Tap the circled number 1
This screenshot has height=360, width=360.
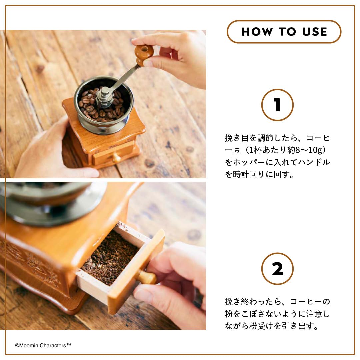point(277,105)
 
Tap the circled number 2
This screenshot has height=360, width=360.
point(277,269)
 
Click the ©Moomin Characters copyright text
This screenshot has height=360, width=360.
point(43,346)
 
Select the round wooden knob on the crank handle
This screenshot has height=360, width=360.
point(144,53)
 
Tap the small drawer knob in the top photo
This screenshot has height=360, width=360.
point(116,157)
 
